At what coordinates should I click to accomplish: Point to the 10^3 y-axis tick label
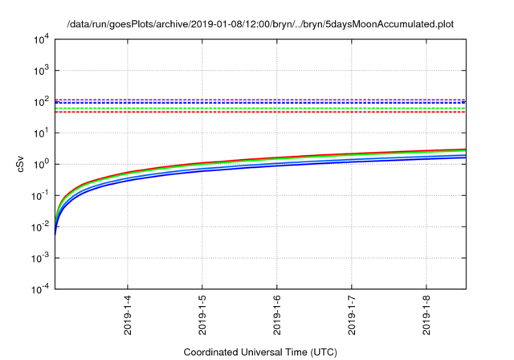point(40,70)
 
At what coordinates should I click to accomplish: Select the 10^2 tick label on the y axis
point(40,101)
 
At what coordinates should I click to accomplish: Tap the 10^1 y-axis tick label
point(40,133)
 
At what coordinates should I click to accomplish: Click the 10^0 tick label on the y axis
point(40,164)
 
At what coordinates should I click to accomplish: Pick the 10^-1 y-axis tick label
point(39,195)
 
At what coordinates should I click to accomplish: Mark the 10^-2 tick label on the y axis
point(39,227)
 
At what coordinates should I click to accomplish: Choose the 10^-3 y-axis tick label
point(39,258)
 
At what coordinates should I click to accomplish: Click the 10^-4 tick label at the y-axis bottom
point(39,289)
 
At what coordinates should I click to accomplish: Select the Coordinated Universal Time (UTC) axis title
point(260,352)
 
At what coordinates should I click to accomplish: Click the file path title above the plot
point(260,24)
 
